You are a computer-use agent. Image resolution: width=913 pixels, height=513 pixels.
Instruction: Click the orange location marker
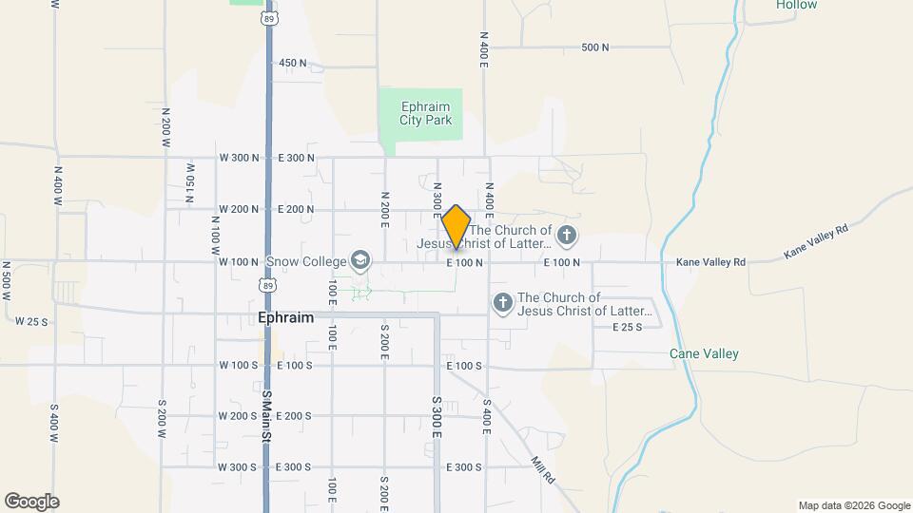[x=456, y=227]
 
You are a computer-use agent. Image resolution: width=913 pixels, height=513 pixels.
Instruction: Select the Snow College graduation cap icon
[x=359, y=259]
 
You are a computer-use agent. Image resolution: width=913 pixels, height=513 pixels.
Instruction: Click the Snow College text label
[x=306, y=261]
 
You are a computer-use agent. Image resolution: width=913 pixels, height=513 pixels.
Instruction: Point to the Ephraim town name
[x=286, y=318]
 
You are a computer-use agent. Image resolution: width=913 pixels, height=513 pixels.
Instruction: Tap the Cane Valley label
[x=704, y=353]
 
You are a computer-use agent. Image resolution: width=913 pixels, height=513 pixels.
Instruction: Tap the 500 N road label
[x=594, y=47]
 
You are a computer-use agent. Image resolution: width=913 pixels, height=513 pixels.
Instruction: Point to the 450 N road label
[x=293, y=63]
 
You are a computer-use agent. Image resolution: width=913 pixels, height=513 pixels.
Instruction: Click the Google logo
[x=31, y=502]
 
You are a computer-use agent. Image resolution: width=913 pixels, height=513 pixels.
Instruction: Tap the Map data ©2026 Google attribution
[x=853, y=505]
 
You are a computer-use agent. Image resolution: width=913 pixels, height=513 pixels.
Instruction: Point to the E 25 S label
[x=627, y=327]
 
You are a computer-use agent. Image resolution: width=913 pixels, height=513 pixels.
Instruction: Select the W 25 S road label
[x=31, y=322]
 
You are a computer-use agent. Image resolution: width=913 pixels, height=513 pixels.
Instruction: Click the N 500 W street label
[x=6, y=280]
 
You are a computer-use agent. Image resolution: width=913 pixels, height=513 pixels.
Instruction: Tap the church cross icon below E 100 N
[x=503, y=303]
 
